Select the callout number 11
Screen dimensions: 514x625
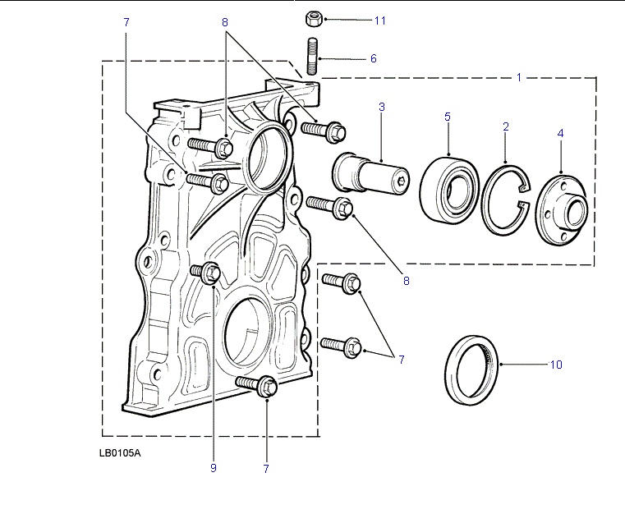point(379,19)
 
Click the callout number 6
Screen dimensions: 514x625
point(373,59)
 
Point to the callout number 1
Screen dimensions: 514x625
point(519,77)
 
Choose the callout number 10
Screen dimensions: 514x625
point(556,365)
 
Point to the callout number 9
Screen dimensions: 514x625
point(213,469)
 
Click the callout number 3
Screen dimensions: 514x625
point(382,107)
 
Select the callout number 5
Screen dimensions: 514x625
point(448,117)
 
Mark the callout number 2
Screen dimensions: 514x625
point(506,126)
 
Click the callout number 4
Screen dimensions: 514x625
point(561,132)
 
